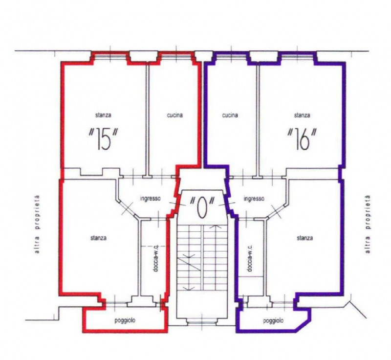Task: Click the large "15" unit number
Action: tap(104, 139)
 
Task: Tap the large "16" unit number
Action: tap(302, 139)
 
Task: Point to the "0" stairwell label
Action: tap(202, 207)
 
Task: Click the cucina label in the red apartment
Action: tap(174, 115)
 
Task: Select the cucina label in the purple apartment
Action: tap(230, 115)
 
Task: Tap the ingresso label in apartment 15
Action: tap(151, 199)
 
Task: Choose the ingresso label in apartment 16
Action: tap(254, 199)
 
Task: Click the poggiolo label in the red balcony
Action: tap(125, 320)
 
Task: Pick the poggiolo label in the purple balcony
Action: tap(273, 320)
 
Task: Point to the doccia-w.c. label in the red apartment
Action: tap(155, 258)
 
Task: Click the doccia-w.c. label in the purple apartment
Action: tap(250, 258)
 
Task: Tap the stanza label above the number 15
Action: tap(103, 115)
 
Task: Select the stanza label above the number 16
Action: tap(302, 115)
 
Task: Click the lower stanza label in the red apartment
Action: tap(98, 238)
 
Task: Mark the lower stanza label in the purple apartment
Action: tap(304, 238)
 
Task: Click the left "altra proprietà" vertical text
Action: tap(38, 224)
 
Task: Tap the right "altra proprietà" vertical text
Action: tap(368, 224)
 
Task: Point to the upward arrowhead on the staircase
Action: tap(215, 226)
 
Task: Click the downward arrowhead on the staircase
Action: tap(189, 289)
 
